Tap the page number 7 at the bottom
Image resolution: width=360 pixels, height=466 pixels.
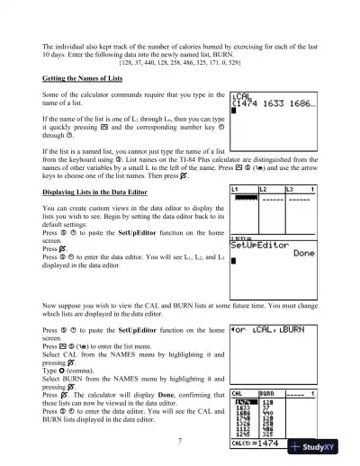click(180, 441)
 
